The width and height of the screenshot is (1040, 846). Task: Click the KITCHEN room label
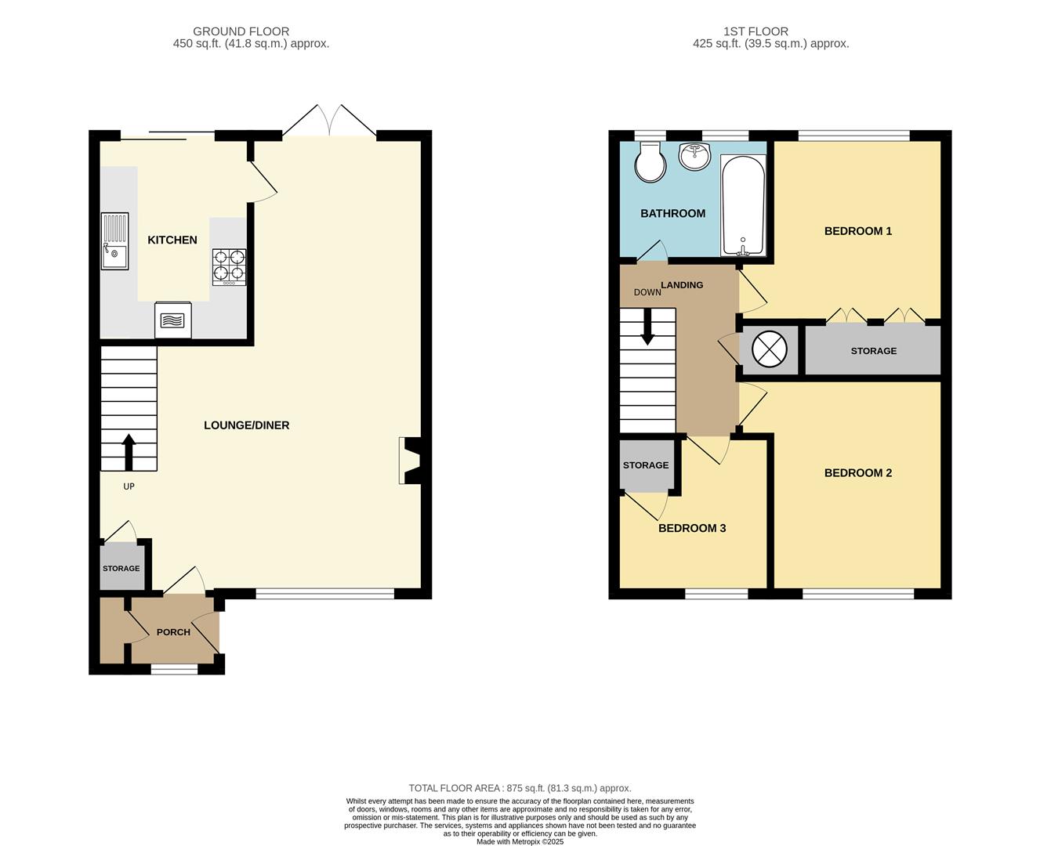click(x=172, y=240)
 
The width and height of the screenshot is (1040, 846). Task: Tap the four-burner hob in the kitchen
click(x=229, y=266)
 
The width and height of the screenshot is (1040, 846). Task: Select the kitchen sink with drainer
click(x=114, y=241)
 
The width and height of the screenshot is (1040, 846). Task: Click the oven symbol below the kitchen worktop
click(x=173, y=320)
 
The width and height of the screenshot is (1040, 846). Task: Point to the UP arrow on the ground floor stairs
click(x=129, y=451)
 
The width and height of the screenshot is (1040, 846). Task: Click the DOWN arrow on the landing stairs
click(x=647, y=327)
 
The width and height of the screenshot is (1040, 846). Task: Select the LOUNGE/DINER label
click(x=246, y=425)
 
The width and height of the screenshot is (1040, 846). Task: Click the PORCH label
click(x=173, y=632)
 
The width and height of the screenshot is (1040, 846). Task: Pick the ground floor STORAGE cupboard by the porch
click(x=121, y=568)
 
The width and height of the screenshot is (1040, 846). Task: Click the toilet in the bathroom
click(x=650, y=162)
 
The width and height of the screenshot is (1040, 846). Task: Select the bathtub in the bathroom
click(x=742, y=205)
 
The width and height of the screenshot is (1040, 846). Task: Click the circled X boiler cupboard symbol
click(x=769, y=349)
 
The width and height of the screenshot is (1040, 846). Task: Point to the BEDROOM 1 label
click(x=857, y=231)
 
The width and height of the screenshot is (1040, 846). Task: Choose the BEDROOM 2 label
click(x=857, y=473)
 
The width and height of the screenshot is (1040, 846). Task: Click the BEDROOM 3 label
click(x=691, y=528)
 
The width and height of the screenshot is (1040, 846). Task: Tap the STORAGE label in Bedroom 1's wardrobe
click(x=873, y=351)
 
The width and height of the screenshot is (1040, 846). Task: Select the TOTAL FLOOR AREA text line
click(x=520, y=788)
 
